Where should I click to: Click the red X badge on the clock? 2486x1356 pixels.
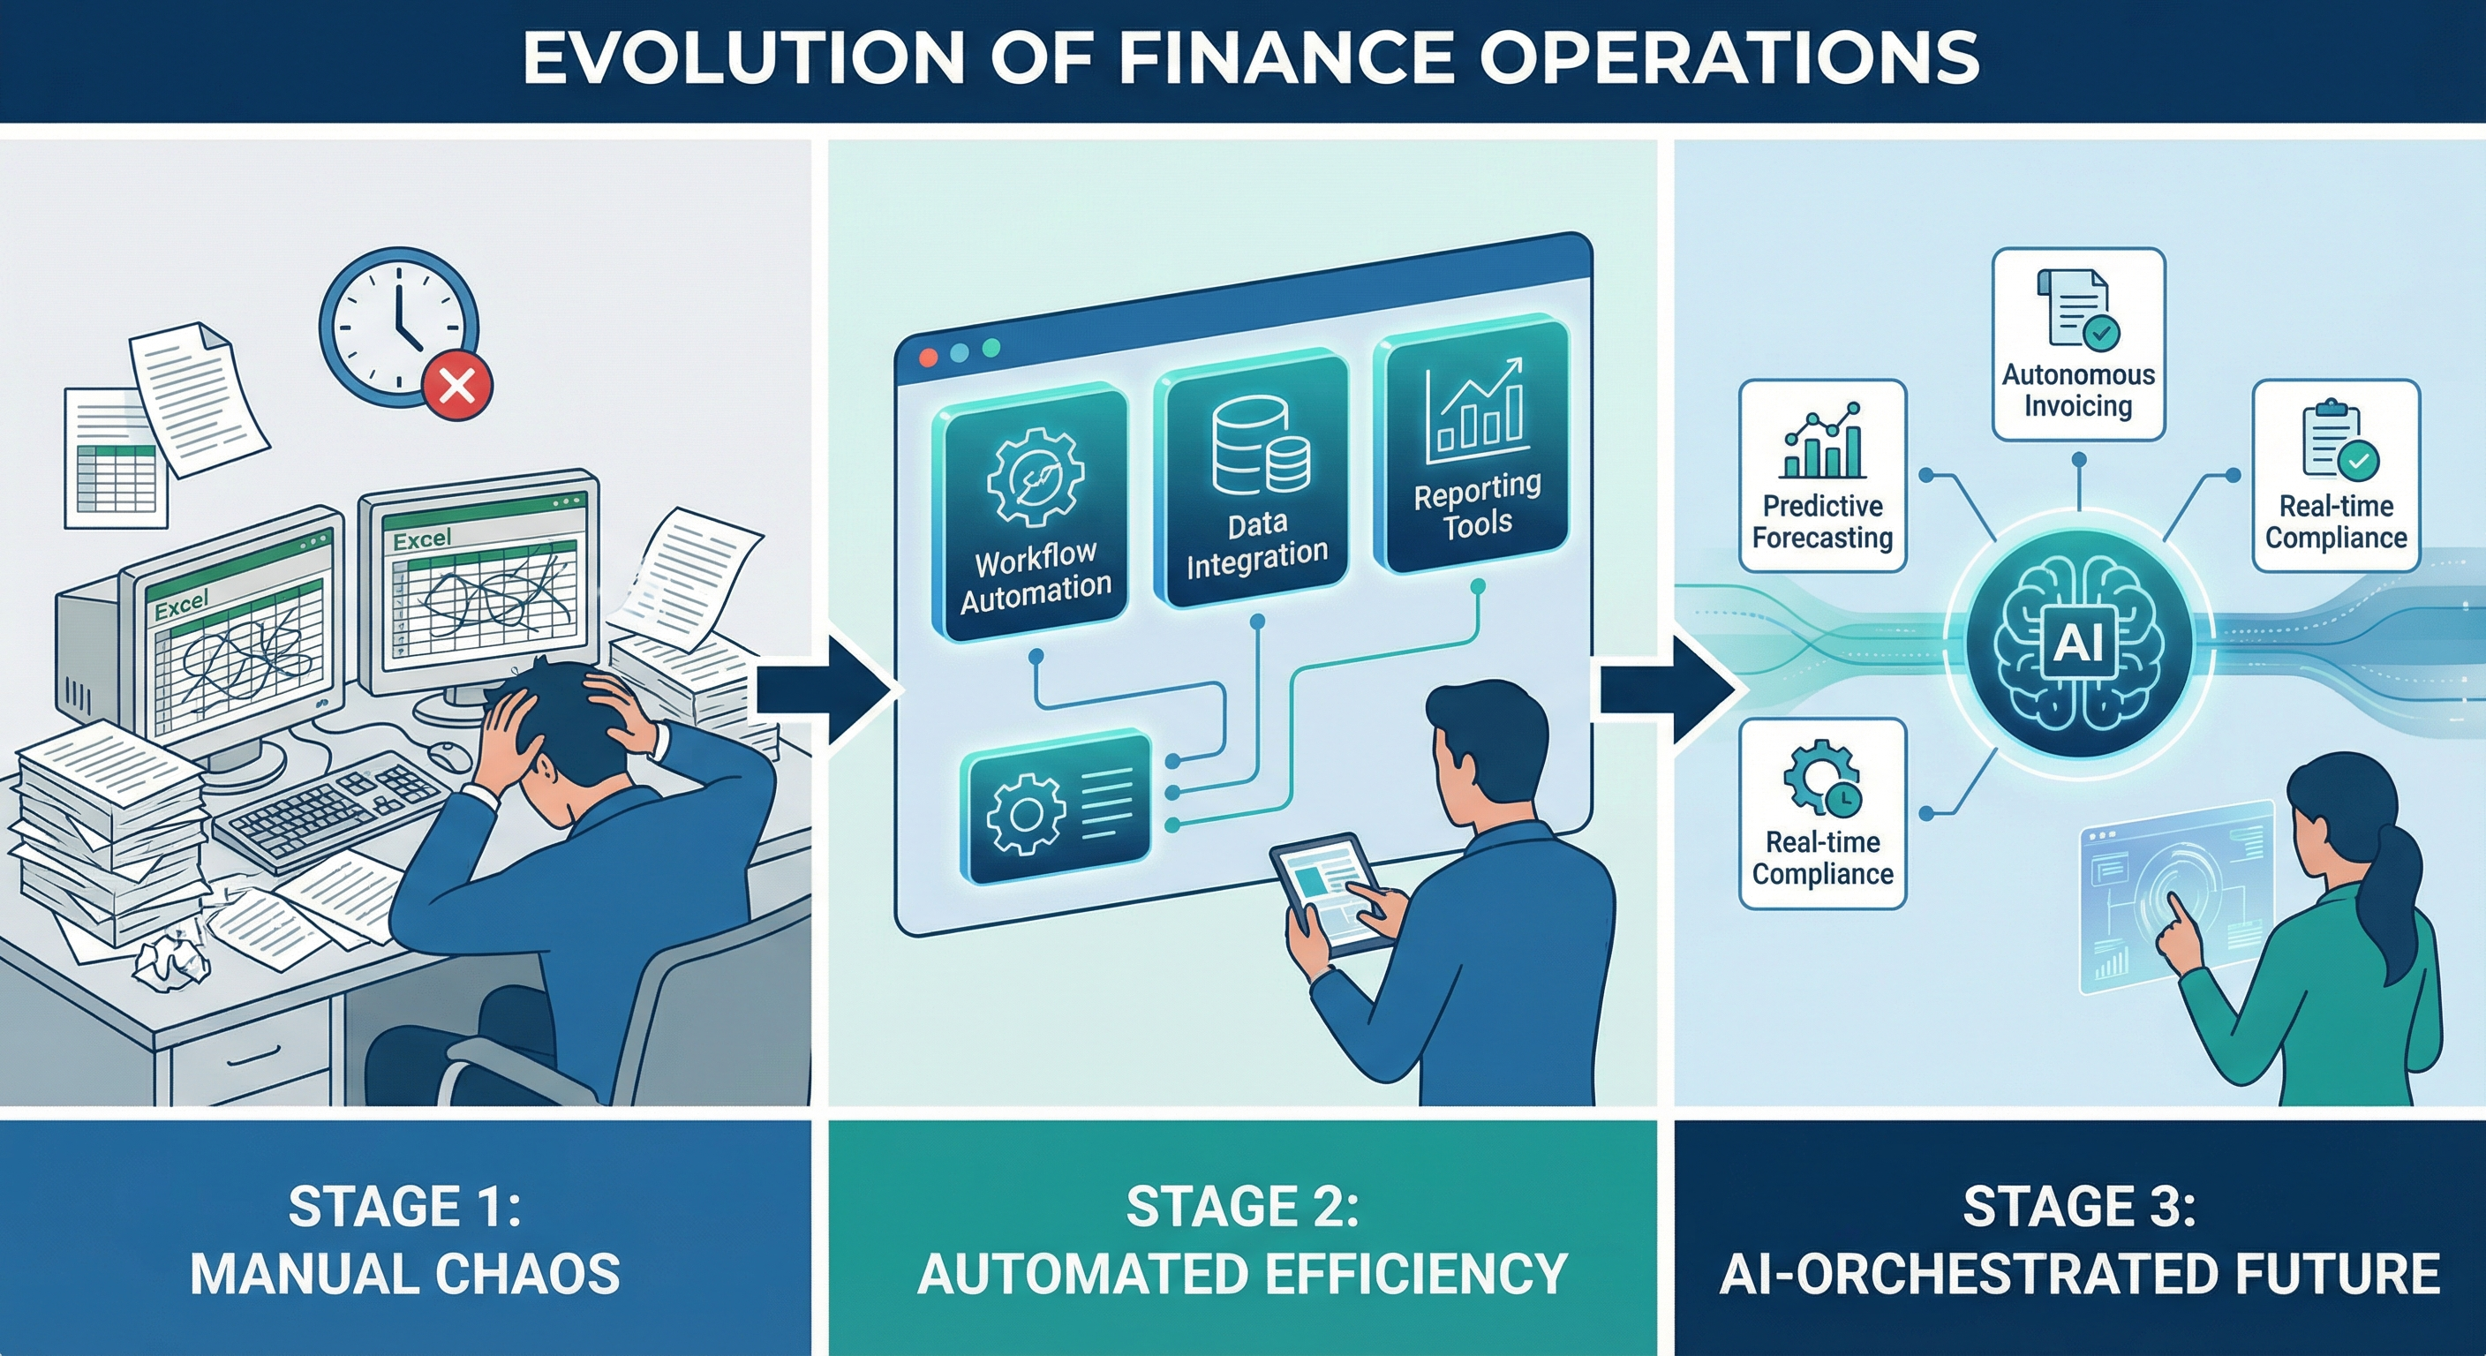[456, 386]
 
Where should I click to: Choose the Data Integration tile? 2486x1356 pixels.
[1255, 482]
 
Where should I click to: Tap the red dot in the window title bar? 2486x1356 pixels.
[929, 357]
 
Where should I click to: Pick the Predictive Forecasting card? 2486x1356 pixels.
[1822, 475]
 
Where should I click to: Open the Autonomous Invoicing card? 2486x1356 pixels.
[2078, 344]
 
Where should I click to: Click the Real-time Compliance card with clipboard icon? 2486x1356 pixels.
[2335, 475]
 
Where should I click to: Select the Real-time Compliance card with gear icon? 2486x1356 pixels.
[1822, 814]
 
